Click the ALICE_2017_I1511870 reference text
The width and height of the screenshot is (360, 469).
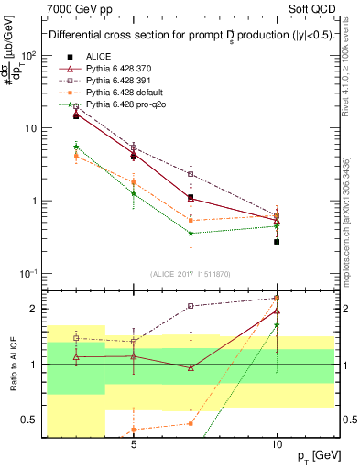[x=191, y=274]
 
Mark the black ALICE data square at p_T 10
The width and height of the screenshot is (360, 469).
[x=277, y=242]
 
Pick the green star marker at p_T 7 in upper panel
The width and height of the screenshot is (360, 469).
[x=191, y=233]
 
